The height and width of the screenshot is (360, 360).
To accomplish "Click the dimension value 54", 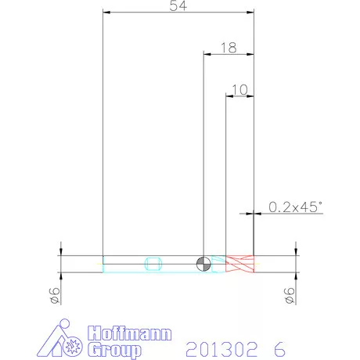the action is coord(178,5).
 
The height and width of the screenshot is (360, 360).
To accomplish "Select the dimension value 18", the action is coord(229,48).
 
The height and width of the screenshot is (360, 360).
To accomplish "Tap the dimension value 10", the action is coord(239,90).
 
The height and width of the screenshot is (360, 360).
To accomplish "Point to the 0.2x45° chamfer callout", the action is coord(295,207).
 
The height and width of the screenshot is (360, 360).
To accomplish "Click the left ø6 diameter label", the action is coord(55,296).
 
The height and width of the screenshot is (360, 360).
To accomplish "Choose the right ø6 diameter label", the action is coord(290,296).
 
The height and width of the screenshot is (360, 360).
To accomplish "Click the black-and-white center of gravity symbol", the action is coord(203,264).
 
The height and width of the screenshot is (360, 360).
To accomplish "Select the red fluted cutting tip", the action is coord(239,264).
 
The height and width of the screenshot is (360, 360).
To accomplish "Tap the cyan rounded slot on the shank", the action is coord(153,264).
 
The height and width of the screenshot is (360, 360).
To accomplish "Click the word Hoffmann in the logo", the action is coord(130,333).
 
